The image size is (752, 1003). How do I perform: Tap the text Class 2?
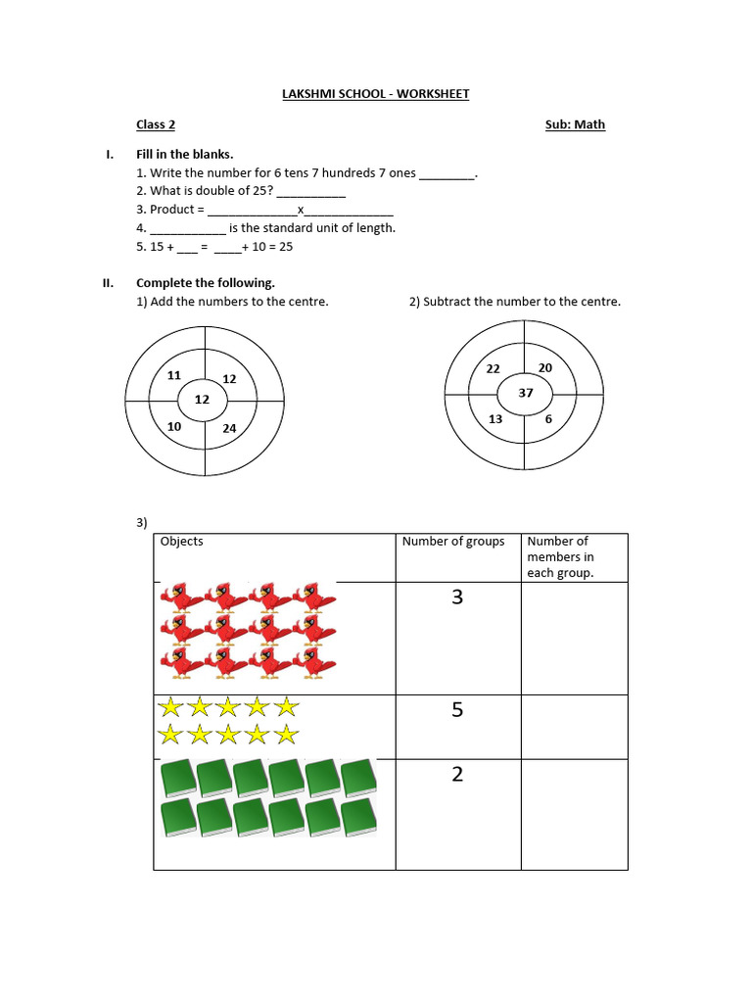pos(156,124)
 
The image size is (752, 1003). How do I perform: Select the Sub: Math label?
pos(575,124)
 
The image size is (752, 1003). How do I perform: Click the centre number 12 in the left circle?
pos(202,400)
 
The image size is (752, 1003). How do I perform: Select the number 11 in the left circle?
pos(174,375)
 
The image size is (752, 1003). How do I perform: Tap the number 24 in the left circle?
pos(229,428)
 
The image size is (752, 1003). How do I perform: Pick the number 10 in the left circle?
pos(174,427)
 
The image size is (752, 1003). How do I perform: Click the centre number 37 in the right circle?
pos(525,393)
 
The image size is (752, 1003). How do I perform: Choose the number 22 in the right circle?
pos(493,368)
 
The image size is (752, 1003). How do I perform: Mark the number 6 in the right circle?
pos(548,418)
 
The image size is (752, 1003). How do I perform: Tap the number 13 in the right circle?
pos(495,419)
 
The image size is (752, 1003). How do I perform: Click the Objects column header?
pos(181,542)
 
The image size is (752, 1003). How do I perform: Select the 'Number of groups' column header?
pos(453,542)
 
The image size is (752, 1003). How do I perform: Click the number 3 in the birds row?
pos(456,597)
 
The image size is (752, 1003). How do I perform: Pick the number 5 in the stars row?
pos(456,710)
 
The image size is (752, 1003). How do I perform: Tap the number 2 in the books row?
pos(456,775)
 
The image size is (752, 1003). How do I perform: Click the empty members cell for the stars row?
pos(573,727)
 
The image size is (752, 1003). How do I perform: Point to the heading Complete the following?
pos(206,283)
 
